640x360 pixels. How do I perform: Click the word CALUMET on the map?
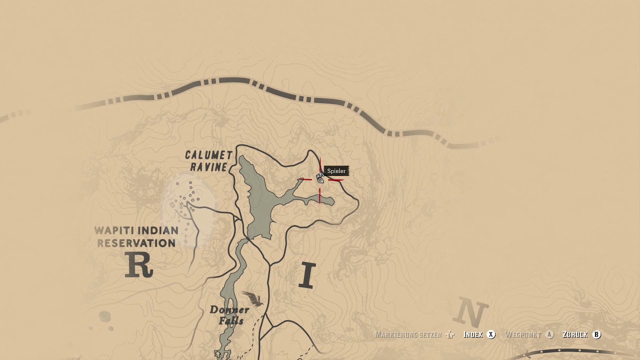point(209,155)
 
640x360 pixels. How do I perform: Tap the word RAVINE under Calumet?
point(209,167)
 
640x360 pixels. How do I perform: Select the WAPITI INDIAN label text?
point(136,231)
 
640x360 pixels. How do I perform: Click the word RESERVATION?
point(136,243)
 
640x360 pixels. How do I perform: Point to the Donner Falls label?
point(229,315)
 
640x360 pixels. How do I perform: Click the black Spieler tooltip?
point(336,171)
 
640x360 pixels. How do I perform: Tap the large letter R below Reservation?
point(138,265)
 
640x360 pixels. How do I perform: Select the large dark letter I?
point(307,275)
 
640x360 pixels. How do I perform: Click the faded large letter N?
point(470,313)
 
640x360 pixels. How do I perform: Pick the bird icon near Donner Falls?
point(253,299)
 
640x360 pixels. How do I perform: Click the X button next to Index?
point(491,334)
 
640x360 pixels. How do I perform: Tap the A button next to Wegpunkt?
point(549,334)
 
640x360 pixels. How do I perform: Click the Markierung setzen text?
point(408,334)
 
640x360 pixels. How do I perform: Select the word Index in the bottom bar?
point(472,334)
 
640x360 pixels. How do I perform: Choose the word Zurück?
point(575,334)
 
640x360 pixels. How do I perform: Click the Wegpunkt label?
point(523,334)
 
